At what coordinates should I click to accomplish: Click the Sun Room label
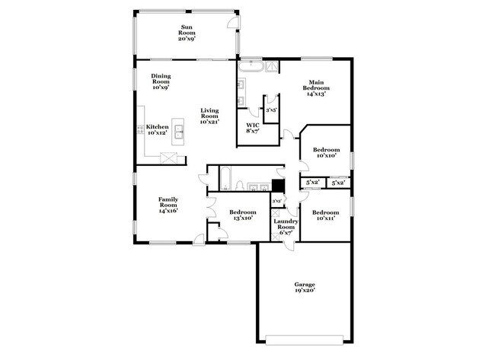tap(187, 33)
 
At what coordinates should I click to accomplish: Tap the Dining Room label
tap(160, 81)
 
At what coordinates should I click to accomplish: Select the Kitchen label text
tap(158, 130)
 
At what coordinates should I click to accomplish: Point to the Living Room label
tap(209, 117)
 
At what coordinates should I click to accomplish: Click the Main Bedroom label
tap(318, 88)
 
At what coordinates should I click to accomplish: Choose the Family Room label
tap(168, 205)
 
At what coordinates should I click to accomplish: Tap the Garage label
tap(305, 287)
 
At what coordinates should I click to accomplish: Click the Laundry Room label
tap(286, 227)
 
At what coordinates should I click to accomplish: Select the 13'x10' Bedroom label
tap(243, 215)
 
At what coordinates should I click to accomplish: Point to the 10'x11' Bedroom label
tap(325, 215)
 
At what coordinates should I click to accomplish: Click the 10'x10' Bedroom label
tap(326, 154)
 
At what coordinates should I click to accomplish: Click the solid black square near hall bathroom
tap(279, 185)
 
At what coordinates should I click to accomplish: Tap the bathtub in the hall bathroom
tap(225, 179)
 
